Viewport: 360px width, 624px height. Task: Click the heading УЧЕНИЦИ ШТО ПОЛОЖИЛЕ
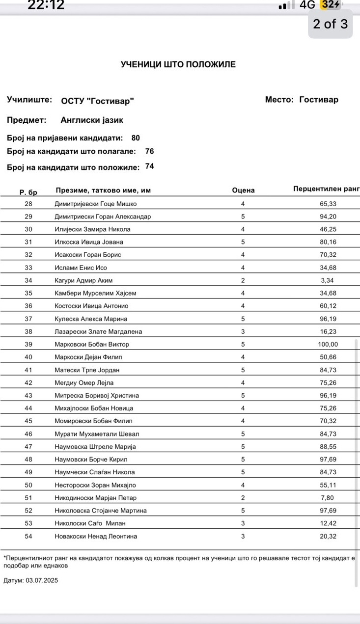178,64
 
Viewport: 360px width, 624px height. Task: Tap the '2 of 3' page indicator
330,24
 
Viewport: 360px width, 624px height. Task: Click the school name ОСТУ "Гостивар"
97,101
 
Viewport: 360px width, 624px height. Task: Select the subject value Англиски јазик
92,120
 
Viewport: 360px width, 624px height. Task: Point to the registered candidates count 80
136,138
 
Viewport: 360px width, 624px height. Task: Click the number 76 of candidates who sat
150,151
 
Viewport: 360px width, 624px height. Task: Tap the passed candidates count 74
150,166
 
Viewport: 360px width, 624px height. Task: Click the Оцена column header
243,190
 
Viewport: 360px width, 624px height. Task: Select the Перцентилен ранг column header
326,189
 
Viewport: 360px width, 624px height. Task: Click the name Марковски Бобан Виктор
92,344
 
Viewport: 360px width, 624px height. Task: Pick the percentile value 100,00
328,344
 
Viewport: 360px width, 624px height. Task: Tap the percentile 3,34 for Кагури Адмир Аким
328,280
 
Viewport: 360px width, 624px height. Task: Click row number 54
28,536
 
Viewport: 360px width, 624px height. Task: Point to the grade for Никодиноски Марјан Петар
243,498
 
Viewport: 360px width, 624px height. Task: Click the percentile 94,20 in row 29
328,217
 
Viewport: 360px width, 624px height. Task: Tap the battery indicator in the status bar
330,5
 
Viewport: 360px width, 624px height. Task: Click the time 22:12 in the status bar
46,5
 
